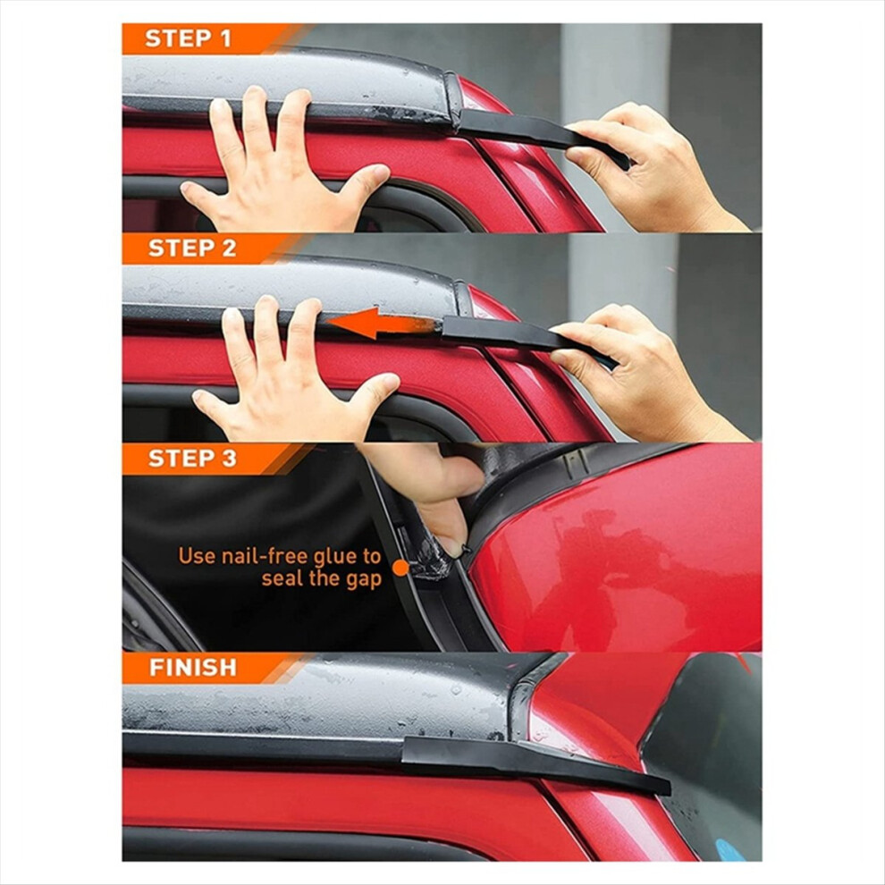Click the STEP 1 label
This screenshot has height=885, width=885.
pyautogui.click(x=188, y=39)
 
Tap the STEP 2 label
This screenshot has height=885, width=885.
pyautogui.click(x=192, y=249)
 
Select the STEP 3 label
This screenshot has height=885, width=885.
pyautogui.click(x=192, y=459)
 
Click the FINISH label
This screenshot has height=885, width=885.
pyautogui.click(x=193, y=668)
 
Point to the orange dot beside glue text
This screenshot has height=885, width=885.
pyautogui.click(x=400, y=568)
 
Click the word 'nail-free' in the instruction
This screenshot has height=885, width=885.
pyautogui.click(x=265, y=556)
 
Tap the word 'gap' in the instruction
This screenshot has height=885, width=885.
pyautogui.click(x=364, y=580)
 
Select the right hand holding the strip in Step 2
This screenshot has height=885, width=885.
pyautogui.click(x=644, y=373)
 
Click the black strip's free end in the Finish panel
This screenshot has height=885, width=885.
pyautogui.click(x=666, y=787)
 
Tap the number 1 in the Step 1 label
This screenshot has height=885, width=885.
pyautogui.click(x=225, y=39)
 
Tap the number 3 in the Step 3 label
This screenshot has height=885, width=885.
pyautogui.click(x=229, y=459)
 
